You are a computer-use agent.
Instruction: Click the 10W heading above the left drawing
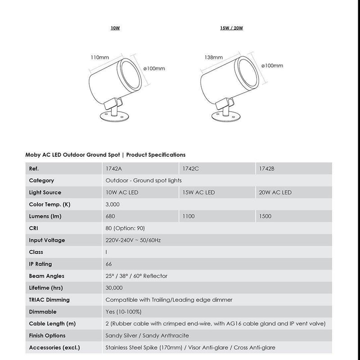point(115,28)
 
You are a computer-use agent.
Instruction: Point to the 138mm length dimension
point(214,58)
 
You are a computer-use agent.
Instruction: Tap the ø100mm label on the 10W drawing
point(154,68)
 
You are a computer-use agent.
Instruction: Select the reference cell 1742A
point(113,169)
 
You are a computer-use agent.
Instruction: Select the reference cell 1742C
point(189,169)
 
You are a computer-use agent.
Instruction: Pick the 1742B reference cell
point(267,169)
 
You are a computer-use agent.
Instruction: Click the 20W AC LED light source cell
point(275,193)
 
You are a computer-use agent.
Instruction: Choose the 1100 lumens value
point(189,216)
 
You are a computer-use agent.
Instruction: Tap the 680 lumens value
point(110,216)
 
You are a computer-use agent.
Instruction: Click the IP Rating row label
point(40,264)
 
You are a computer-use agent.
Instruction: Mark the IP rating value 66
point(109,264)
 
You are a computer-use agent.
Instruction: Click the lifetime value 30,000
point(114,288)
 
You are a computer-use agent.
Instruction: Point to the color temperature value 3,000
point(112,205)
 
